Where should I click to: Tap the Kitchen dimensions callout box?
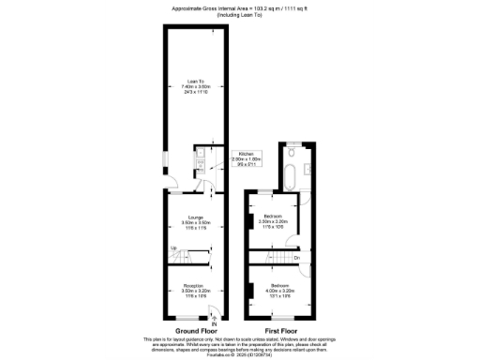tap(246, 157)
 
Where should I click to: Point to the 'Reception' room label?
tap(195, 285)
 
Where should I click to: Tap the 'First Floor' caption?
tap(282, 330)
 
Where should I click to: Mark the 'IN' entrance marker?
tap(214, 324)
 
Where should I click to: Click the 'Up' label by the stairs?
tap(172, 247)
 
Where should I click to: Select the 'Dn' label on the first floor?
tap(296, 258)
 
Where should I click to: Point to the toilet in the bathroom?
tap(293, 151)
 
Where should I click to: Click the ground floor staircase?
tap(192, 255)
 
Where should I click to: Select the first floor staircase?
tap(273, 258)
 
